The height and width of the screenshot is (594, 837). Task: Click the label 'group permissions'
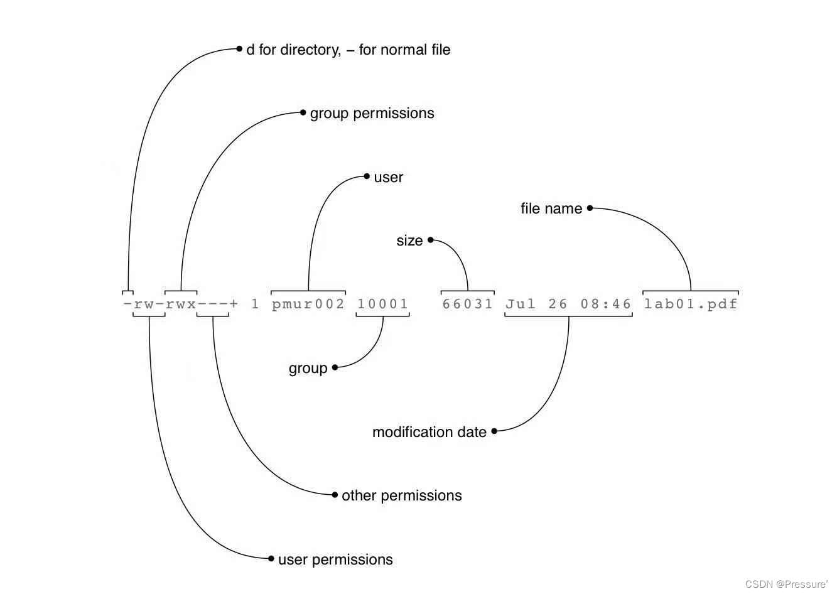click(372, 113)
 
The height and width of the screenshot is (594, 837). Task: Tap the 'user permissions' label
click(335, 559)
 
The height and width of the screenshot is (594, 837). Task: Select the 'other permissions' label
click(402, 495)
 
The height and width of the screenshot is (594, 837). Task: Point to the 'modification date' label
click(429, 432)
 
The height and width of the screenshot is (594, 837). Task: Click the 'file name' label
click(551, 208)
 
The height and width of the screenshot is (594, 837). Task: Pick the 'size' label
click(409, 240)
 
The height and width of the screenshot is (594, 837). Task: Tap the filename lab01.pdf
click(691, 305)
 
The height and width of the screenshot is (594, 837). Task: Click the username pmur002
click(308, 305)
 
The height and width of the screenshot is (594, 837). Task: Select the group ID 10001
click(383, 305)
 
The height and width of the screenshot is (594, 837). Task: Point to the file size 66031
click(468, 305)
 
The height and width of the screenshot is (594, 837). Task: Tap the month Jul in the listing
click(521, 305)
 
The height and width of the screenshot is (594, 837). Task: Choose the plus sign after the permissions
click(234, 305)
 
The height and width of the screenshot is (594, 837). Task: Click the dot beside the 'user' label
click(367, 176)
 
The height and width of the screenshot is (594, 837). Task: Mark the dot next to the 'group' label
click(335, 367)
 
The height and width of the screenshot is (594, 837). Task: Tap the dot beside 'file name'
click(590, 208)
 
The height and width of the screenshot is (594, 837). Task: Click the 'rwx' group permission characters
click(181, 305)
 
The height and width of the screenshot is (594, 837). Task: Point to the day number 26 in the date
click(558, 305)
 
